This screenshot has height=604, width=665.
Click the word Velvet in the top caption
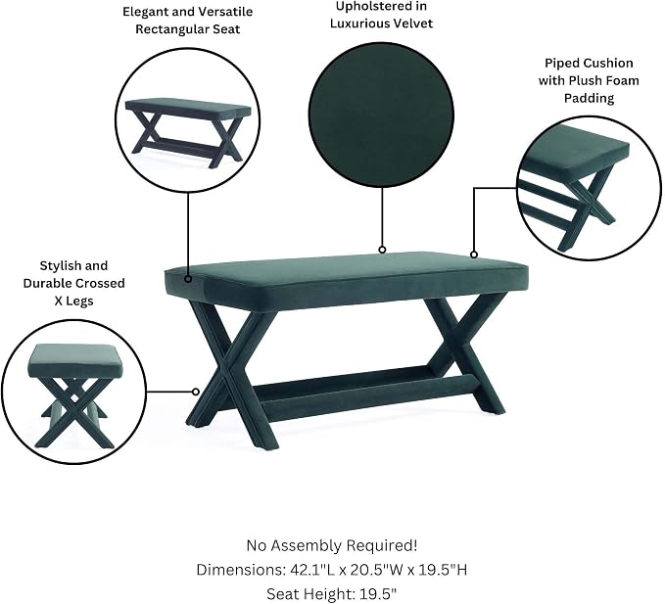click(413, 23)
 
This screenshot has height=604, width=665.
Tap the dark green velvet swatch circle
click(382, 116)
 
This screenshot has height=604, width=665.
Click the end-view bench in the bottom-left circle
click(74, 396)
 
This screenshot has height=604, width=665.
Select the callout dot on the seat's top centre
click(382, 250)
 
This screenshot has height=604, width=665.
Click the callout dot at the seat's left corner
click(188, 279)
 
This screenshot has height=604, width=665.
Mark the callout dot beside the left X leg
click(196, 392)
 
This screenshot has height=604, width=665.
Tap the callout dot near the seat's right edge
click(474, 255)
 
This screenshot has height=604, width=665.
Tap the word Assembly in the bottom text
click(308, 546)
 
